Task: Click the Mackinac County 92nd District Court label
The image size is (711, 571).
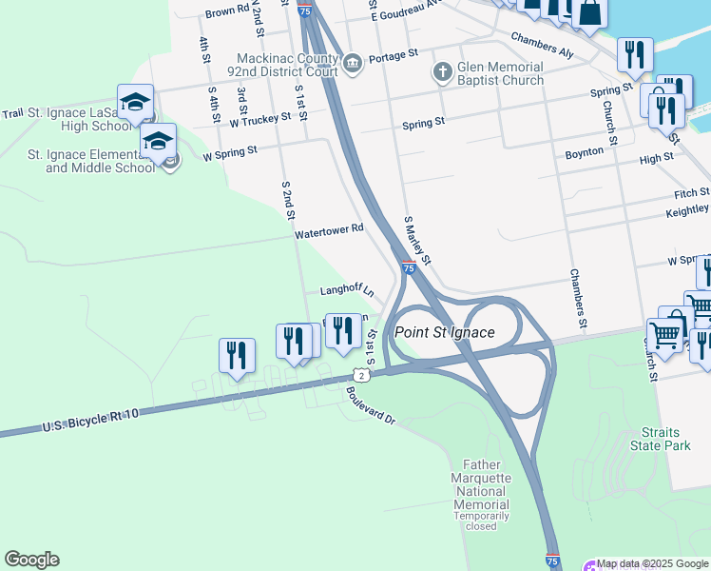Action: point(287,64)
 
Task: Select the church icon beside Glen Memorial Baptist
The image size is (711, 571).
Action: point(442,71)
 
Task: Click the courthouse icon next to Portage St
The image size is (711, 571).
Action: point(353,63)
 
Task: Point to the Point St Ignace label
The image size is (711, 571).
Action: point(445,332)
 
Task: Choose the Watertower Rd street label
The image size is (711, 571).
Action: point(329,230)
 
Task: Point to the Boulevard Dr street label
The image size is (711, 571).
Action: point(370,404)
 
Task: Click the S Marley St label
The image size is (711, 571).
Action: point(417,240)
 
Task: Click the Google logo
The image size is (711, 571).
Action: point(31,560)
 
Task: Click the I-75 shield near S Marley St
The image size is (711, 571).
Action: point(408,269)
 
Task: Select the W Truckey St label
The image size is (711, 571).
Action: point(259,120)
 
